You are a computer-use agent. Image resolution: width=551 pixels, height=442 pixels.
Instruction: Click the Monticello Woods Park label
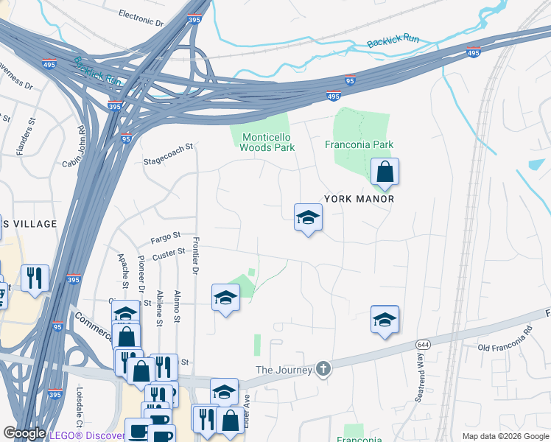[x=267, y=142]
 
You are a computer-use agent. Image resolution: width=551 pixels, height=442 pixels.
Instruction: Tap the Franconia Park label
[x=359, y=144]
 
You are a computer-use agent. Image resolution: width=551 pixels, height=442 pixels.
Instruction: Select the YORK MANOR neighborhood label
[x=359, y=199]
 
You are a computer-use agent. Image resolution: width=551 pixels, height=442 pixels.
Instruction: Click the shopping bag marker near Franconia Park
[x=384, y=174]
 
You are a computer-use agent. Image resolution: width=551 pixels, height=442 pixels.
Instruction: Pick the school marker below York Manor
[x=308, y=217]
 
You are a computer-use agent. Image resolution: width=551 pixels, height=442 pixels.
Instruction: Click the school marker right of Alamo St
[x=225, y=298]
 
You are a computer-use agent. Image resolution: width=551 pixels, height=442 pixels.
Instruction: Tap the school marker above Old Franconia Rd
[x=384, y=320]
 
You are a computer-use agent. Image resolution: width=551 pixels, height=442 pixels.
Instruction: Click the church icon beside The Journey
[x=323, y=368]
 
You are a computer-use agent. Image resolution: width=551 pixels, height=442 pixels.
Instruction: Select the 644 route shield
[x=423, y=344]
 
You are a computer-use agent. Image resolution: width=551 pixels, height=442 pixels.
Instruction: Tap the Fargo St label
[x=166, y=236]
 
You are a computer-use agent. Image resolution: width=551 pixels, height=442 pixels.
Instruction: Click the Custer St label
[x=169, y=253]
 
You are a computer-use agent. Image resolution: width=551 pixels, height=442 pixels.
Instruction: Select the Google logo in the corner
[x=24, y=433]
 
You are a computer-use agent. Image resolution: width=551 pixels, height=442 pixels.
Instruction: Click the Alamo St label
[x=177, y=306]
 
